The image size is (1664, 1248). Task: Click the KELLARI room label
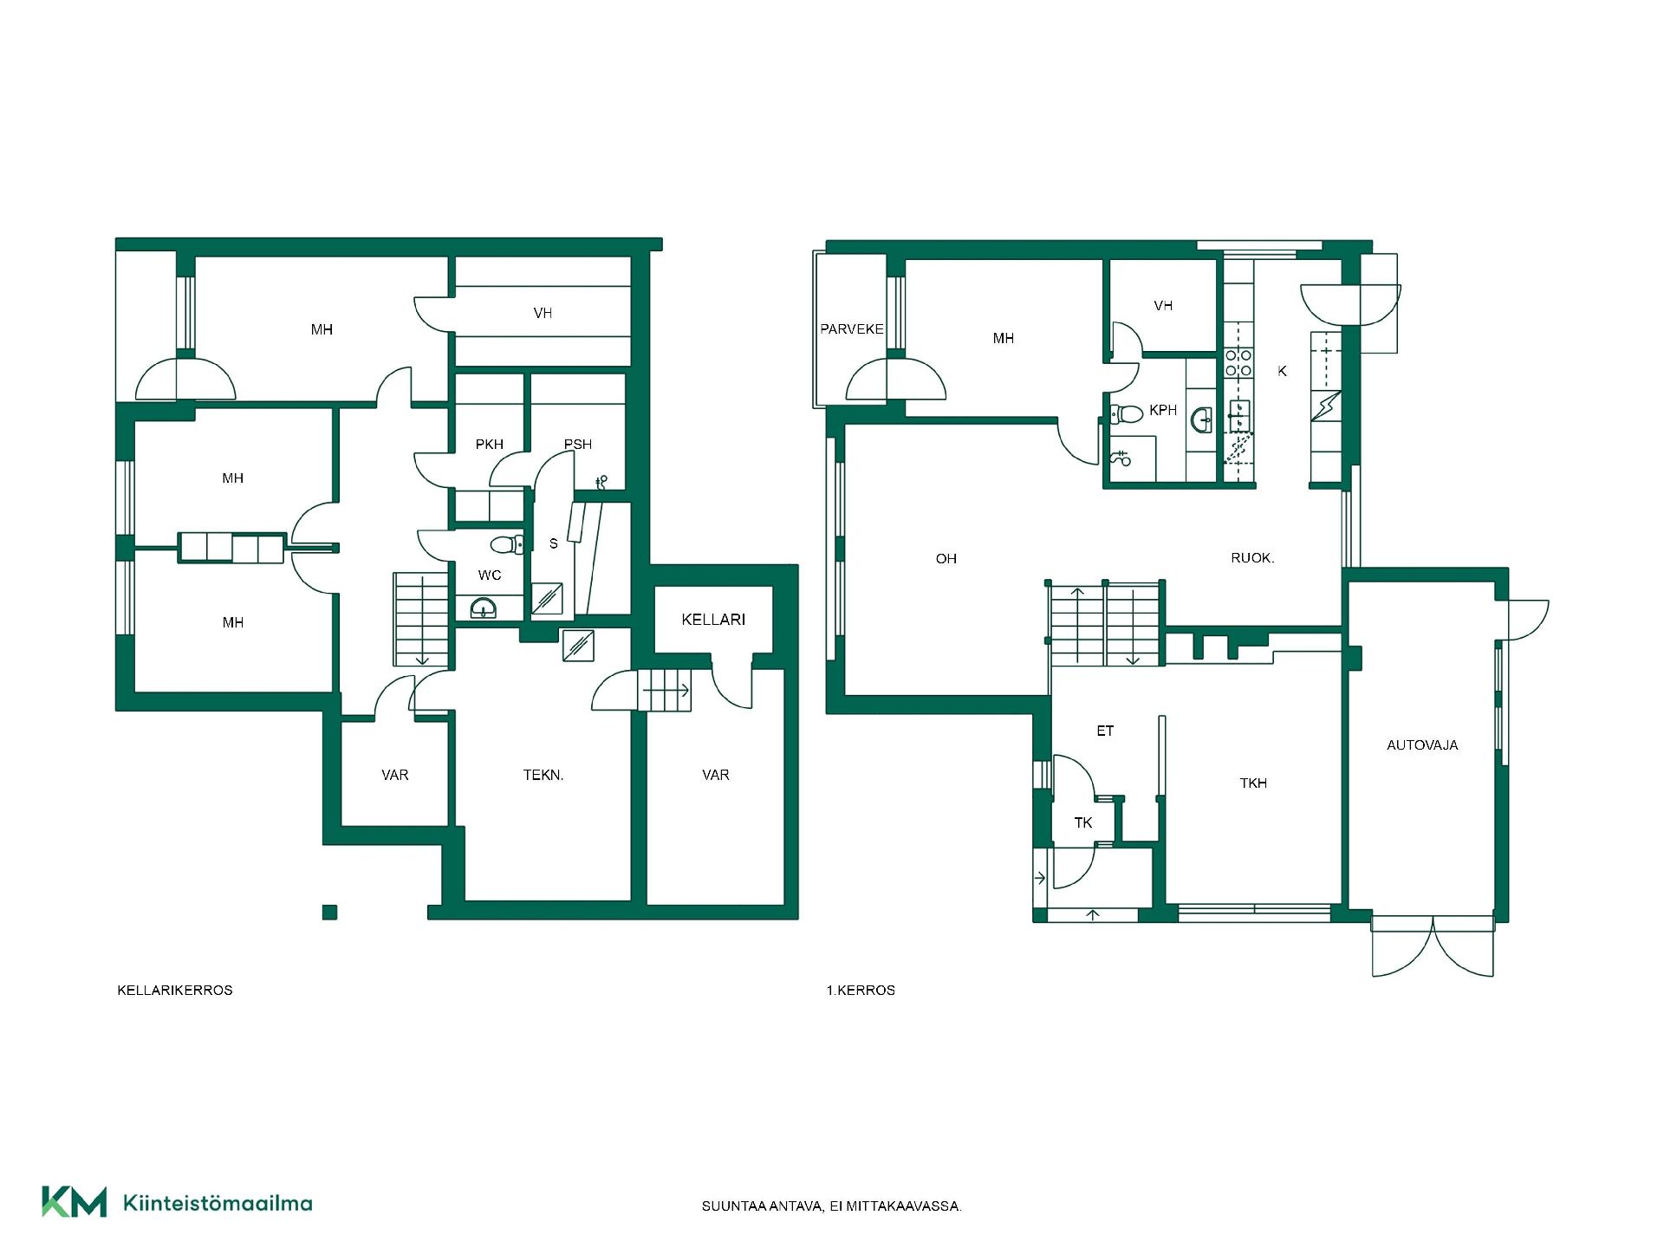pos(713,620)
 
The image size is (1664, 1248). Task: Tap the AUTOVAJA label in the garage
pos(1422,745)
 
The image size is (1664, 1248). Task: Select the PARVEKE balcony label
pos(852,329)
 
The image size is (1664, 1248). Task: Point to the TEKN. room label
pos(543,776)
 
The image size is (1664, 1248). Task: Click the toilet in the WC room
pos(506,544)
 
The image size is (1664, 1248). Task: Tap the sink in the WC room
pos(484,608)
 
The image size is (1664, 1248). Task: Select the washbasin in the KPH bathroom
pos(1203,420)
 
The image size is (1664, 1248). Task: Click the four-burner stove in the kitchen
pos(1238,362)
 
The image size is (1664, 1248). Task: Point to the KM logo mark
pos(75,1202)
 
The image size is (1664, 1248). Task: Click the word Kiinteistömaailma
pos(218,1203)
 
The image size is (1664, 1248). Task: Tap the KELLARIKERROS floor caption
pos(175,990)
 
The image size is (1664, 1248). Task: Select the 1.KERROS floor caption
pos(861,990)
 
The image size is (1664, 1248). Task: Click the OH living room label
pos(946,559)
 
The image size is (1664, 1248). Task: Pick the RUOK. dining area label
pos(1252,558)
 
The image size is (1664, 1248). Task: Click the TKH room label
pos(1253,783)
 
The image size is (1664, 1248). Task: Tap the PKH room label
pos(490,445)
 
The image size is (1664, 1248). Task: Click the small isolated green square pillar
pos(329,912)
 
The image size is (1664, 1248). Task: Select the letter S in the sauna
pos(554,544)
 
